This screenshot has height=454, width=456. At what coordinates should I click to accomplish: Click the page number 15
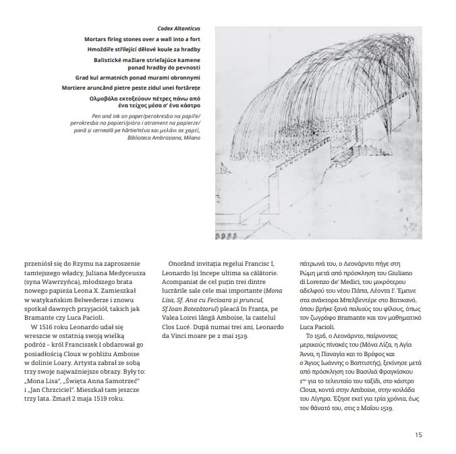tap(419, 434)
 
